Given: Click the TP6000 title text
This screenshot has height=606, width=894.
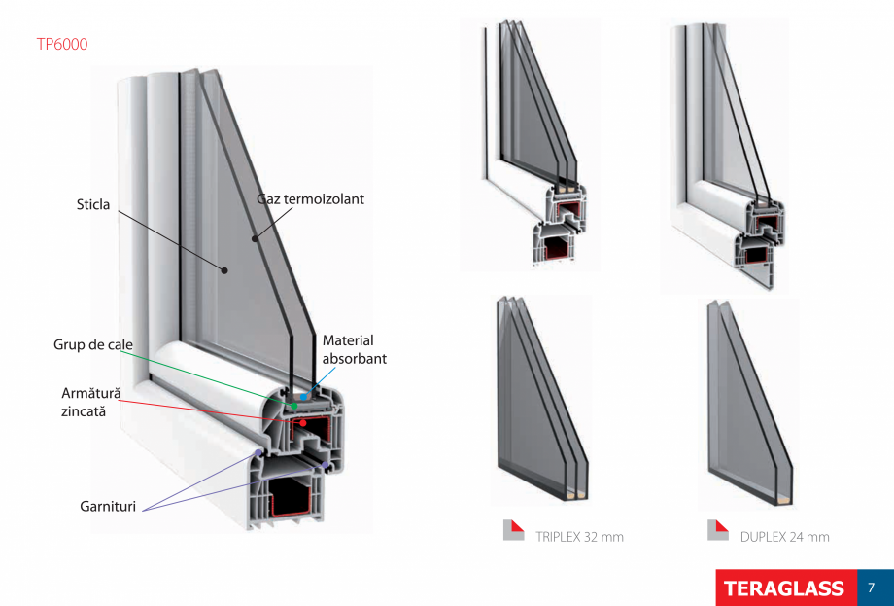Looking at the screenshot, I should click(x=61, y=44).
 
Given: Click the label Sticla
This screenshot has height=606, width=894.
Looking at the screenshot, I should click(x=93, y=204).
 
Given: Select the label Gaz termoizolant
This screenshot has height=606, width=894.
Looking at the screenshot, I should click(x=311, y=198).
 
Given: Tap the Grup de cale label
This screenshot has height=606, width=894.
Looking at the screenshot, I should click(x=93, y=345).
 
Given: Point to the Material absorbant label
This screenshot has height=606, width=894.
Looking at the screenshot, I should click(x=354, y=349).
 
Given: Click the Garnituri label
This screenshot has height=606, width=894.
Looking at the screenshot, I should click(x=108, y=507).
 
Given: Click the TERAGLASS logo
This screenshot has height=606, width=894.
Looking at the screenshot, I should click(x=783, y=588).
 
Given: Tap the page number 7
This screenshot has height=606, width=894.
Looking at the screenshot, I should click(x=872, y=588).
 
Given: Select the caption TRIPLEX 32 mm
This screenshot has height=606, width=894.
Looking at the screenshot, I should click(x=579, y=536).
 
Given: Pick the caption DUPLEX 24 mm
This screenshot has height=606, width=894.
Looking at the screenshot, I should click(x=784, y=536).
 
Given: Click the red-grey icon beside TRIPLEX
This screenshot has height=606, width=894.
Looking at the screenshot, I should click(x=513, y=530).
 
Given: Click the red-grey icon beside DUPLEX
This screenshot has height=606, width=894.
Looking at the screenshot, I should click(x=718, y=530).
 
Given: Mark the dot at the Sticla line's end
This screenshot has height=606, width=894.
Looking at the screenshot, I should click(x=223, y=269).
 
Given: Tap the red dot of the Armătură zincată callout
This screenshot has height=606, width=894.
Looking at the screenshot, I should click(x=302, y=423).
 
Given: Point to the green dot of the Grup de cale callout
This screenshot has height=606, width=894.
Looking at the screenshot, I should click(x=293, y=405).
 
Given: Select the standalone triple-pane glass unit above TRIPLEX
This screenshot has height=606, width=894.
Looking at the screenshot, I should click(x=539, y=399).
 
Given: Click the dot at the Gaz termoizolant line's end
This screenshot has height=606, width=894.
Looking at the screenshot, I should click(x=256, y=236).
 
